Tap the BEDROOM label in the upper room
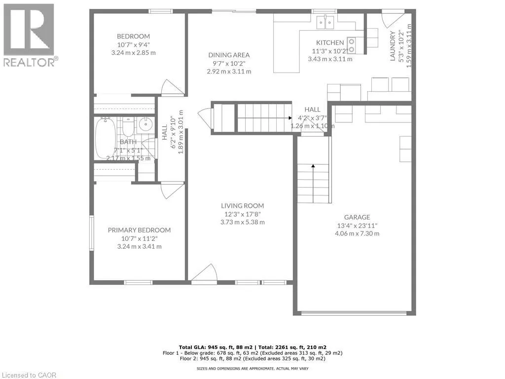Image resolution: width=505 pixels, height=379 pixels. pyautogui.click(x=133, y=36)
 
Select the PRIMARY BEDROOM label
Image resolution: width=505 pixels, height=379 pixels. pyautogui.click(x=140, y=230)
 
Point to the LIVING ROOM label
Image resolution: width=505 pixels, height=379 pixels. pyautogui.click(x=242, y=206)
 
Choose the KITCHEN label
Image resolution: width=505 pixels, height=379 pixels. pyautogui.click(x=330, y=42)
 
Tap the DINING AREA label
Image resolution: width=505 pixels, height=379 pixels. pyautogui.click(x=229, y=55)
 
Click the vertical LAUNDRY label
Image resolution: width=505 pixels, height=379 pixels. pyautogui.click(x=393, y=46)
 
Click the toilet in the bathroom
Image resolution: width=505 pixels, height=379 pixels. pyautogui.click(x=127, y=127)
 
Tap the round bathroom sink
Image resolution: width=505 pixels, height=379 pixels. pyautogui.click(x=145, y=125)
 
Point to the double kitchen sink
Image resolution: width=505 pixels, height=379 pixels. pyautogui.click(x=325, y=22)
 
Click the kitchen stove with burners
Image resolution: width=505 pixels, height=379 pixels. pyautogui.click(x=353, y=45)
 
